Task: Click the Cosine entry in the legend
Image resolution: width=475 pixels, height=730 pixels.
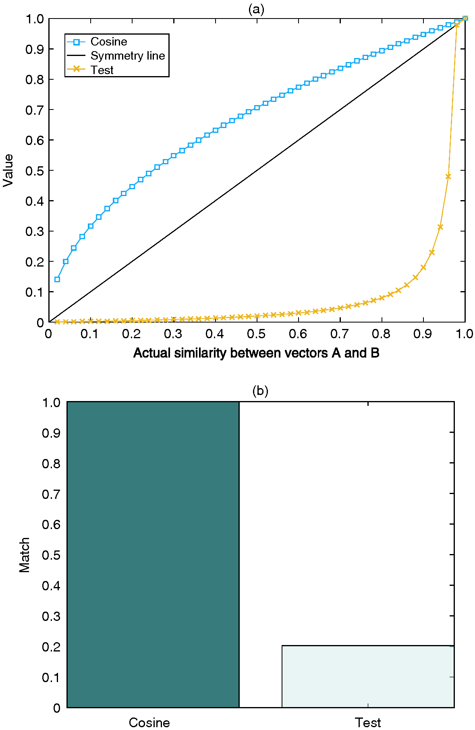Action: coord(108,41)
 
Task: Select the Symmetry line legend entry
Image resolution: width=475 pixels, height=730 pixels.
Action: coord(127,56)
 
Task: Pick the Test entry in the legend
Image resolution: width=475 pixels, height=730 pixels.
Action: coord(102,70)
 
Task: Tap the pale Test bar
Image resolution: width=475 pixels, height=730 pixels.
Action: coord(368,676)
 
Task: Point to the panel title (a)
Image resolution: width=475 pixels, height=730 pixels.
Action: coord(256,9)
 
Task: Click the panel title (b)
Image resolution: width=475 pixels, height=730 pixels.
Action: coord(260,391)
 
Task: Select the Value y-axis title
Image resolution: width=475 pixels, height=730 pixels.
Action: coord(8,170)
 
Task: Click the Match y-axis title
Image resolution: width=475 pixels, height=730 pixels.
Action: coord(25,554)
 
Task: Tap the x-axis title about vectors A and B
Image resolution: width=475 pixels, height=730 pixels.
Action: coord(256,353)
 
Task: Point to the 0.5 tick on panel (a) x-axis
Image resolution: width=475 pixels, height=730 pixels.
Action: coord(256,334)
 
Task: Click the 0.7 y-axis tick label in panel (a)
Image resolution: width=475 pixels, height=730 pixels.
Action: coord(34,110)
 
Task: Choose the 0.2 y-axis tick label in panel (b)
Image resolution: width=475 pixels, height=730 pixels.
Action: coord(51,647)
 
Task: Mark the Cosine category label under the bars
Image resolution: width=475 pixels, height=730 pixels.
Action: coord(149,722)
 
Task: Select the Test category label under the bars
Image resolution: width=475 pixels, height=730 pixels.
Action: coord(368,722)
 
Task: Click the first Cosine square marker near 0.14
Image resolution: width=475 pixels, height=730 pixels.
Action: coord(57,279)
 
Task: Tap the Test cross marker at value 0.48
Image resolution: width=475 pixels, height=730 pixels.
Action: coord(448,176)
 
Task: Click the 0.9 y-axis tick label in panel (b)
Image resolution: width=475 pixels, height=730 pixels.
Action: coord(51,433)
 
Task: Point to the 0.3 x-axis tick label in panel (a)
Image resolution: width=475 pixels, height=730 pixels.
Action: coord(173,334)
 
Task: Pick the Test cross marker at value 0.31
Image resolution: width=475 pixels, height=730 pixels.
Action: coord(440,227)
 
